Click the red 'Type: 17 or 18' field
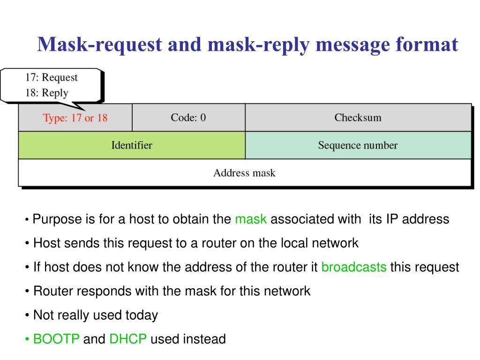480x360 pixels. click(75, 118)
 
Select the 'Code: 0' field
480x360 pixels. click(188, 118)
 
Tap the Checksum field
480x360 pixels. click(358, 118)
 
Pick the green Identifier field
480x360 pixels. click(131, 145)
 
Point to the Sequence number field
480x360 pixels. click(358, 145)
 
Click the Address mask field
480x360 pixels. click(244, 173)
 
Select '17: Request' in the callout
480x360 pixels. click(52, 77)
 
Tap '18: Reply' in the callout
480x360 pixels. click(46, 93)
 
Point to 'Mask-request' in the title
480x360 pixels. click(100, 45)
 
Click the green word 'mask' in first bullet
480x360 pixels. click(251, 219)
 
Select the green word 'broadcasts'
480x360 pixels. click(354, 267)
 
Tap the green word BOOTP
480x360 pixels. click(56, 339)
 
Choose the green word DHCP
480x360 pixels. click(128, 339)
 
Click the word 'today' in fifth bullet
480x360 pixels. click(142, 315)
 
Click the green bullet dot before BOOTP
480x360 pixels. click(28, 339)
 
